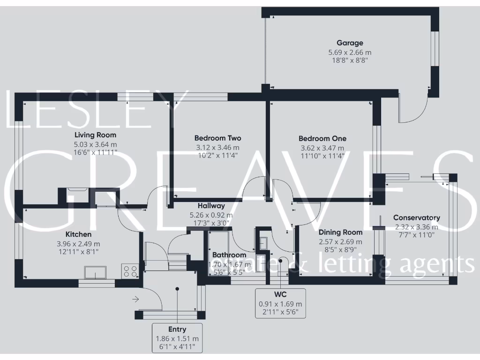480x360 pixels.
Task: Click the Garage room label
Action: (350, 43)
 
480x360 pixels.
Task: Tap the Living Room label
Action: (95, 135)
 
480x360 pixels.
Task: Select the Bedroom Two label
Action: (217, 138)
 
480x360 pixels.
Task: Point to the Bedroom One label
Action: (322, 138)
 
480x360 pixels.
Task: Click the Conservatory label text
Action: (416, 217)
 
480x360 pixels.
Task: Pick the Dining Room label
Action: (340, 232)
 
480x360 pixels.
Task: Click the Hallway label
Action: (211, 205)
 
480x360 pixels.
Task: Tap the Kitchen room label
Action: (78, 234)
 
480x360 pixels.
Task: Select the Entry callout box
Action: (177, 337)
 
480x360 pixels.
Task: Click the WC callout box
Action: (280, 303)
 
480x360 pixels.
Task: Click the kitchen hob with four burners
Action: (130, 270)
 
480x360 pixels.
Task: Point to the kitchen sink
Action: (95, 272)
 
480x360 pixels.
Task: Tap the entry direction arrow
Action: (136, 299)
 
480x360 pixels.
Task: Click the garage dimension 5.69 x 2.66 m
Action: (350, 52)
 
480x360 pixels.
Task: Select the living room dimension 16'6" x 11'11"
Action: (95, 152)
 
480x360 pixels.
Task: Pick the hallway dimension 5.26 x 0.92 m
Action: (211, 215)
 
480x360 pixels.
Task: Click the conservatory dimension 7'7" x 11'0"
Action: (416, 235)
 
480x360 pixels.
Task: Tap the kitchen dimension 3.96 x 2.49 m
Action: (78, 244)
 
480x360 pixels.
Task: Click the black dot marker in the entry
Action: (177, 289)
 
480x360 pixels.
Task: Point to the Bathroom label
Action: (229, 255)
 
